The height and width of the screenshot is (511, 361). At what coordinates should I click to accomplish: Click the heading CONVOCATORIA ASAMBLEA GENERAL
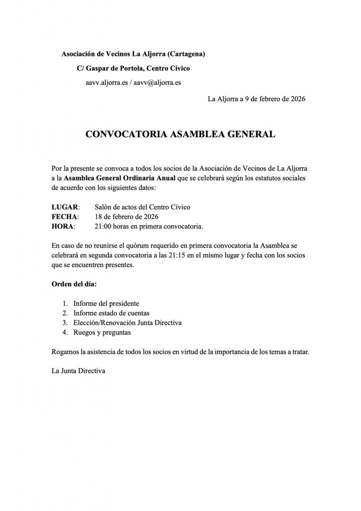(180, 134)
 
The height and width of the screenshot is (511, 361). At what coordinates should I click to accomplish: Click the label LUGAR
(65, 207)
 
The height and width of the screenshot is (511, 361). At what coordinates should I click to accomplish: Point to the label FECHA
(65, 217)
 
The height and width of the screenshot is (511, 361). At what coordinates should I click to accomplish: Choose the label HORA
(63, 227)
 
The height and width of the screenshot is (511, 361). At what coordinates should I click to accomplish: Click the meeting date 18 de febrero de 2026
(126, 217)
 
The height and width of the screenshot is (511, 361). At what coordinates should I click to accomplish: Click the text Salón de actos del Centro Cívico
(142, 207)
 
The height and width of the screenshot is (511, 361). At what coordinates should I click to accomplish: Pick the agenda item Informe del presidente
(106, 303)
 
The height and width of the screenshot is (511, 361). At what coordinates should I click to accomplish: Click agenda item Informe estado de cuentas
(113, 313)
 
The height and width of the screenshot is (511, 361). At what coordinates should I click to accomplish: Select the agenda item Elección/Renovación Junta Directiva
(127, 322)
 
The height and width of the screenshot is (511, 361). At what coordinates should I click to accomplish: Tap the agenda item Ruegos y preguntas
(102, 332)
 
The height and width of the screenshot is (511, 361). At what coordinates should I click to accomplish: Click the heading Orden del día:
(74, 284)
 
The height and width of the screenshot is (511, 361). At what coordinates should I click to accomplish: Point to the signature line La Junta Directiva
(79, 371)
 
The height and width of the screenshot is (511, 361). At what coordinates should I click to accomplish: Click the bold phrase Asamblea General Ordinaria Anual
(120, 178)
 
